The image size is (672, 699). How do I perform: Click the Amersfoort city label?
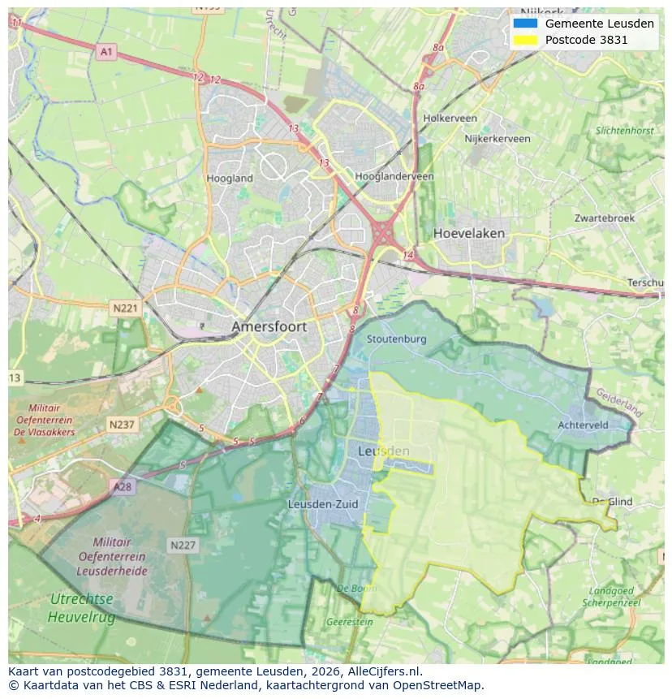(269, 326)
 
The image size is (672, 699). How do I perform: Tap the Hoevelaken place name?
(468, 233)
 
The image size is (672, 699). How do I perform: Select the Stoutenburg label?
(396, 339)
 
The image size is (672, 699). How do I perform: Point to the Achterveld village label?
(584, 425)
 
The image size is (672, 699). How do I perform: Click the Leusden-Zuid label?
(323, 504)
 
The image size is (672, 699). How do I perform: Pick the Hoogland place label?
(230, 178)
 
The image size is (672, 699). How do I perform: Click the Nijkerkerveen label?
(497, 139)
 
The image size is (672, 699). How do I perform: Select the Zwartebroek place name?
(605, 218)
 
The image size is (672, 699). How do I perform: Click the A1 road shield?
(106, 52)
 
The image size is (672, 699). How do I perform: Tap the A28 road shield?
(122, 486)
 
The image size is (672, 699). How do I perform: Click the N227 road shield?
(183, 545)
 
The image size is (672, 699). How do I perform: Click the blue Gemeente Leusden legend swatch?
(525, 24)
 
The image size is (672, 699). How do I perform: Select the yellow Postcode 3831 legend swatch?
(525, 40)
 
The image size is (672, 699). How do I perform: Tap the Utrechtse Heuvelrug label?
(81, 608)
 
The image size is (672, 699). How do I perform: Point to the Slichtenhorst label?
(624, 130)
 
